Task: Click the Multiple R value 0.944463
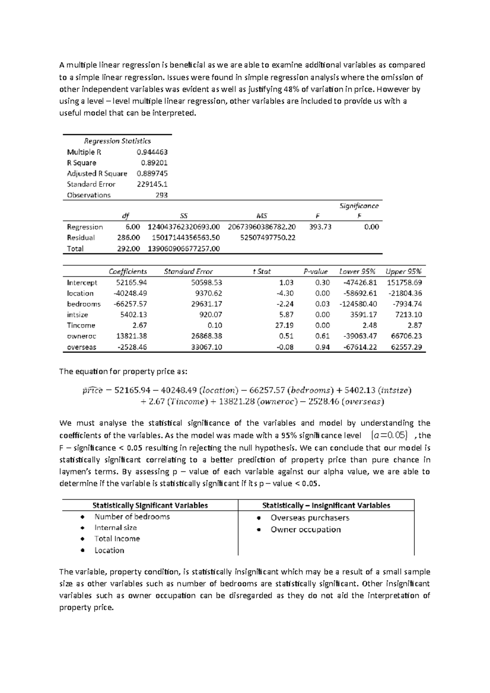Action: [x=152, y=152]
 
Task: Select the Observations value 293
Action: [x=161, y=195]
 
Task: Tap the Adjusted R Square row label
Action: [x=97, y=173]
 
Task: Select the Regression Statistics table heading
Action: [x=117, y=141]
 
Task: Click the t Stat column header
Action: [x=261, y=271]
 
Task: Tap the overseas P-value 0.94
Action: [x=322, y=347]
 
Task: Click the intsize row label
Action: [x=77, y=315]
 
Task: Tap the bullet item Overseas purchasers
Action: [x=310, y=518]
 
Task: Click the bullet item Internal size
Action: [x=116, y=528]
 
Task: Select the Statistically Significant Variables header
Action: [x=150, y=505]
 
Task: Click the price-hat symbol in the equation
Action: [x=92, y=390]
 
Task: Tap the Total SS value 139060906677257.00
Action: [x=183, y=249]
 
